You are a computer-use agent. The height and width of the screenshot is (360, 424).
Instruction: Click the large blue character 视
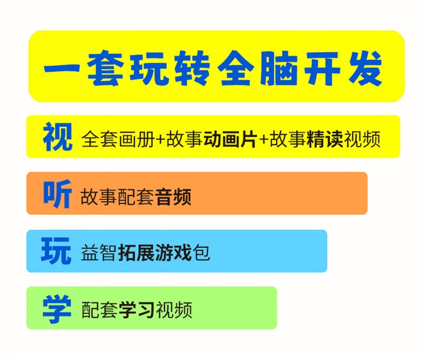[57, 137]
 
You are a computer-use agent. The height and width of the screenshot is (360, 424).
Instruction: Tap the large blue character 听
[57, 194]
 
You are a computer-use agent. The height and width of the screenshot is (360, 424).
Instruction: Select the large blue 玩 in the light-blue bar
[56, 251]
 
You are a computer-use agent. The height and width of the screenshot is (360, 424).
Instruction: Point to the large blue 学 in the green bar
[57, 309]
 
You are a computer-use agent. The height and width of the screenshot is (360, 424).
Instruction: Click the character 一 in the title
[62, 68]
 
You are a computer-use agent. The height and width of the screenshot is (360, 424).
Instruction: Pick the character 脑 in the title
[279, 68]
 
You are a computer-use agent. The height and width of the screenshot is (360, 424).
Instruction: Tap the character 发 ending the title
[366, 68]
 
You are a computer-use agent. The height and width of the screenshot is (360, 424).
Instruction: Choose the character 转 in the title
[192, 68]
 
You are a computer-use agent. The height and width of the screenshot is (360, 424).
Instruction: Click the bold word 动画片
[230, 139]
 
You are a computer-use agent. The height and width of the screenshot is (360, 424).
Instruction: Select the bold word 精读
[325, 139]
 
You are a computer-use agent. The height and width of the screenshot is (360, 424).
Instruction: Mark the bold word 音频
[174, 197]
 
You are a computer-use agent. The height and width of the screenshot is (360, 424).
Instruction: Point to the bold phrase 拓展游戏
[155, 253]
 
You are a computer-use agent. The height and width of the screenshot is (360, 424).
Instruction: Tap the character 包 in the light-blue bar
[201, 253]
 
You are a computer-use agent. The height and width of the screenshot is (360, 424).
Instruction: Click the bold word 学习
[137, 310]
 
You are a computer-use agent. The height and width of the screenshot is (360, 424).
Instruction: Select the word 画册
[137, 139]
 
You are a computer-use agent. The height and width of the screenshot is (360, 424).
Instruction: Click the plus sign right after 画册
[161, 140]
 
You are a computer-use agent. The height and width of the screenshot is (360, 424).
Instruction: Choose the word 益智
[99, 253]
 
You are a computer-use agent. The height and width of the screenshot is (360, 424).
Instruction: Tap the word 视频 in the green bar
[174, 310]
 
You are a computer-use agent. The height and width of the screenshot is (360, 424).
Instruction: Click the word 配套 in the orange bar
[136, 197]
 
